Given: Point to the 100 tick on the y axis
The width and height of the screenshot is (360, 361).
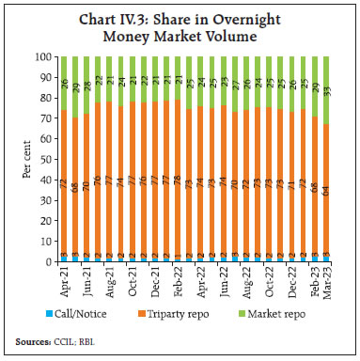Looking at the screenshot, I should click(44, 57).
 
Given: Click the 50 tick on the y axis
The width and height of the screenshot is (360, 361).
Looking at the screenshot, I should click(47, 159).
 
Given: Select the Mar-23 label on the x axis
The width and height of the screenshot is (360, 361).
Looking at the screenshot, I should click(324, 279).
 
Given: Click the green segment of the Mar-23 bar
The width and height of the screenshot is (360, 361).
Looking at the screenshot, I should click(324, 90).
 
